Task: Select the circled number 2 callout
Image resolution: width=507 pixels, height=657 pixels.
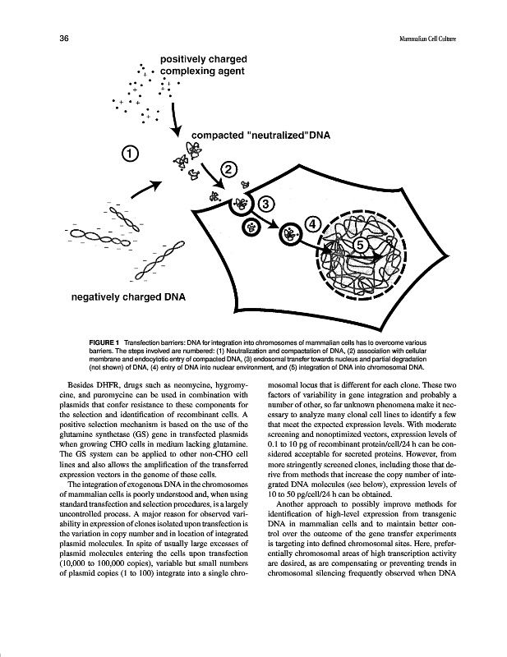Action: coord(228,169)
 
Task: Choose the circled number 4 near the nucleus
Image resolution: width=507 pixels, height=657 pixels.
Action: coord(312,223)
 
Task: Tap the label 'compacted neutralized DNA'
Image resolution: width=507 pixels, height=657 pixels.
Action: coord(260,136)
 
